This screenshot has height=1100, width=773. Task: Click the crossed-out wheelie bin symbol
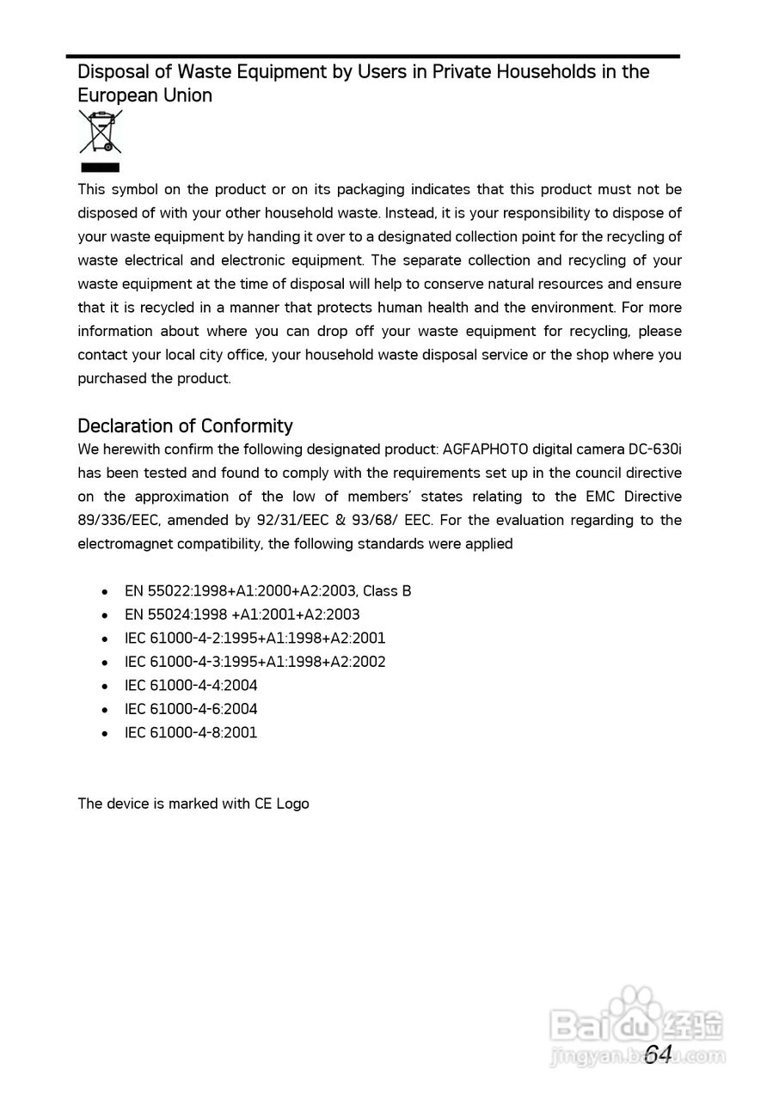click(100, 131)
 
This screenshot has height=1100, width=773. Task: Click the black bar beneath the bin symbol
click(100, 168)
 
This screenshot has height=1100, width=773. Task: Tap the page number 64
click(658, 1054)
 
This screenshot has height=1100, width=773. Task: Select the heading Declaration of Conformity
click(185, 426)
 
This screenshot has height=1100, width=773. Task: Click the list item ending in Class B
click(267, 591)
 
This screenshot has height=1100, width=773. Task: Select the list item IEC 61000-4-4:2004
click(191, 686)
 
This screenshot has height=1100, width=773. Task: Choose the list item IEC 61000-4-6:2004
click(191, 709)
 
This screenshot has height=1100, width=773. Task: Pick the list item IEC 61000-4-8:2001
click(191, 733)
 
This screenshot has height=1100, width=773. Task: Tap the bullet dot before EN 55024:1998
click(105, 615)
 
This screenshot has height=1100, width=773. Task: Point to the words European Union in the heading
click(144, 95)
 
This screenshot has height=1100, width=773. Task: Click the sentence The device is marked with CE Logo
click(193, 804)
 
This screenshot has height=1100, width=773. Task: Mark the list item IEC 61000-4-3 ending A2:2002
click(255, 662)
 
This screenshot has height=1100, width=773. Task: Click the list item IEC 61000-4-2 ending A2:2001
click(255, 639)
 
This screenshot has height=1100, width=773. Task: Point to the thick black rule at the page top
click(373, 57)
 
